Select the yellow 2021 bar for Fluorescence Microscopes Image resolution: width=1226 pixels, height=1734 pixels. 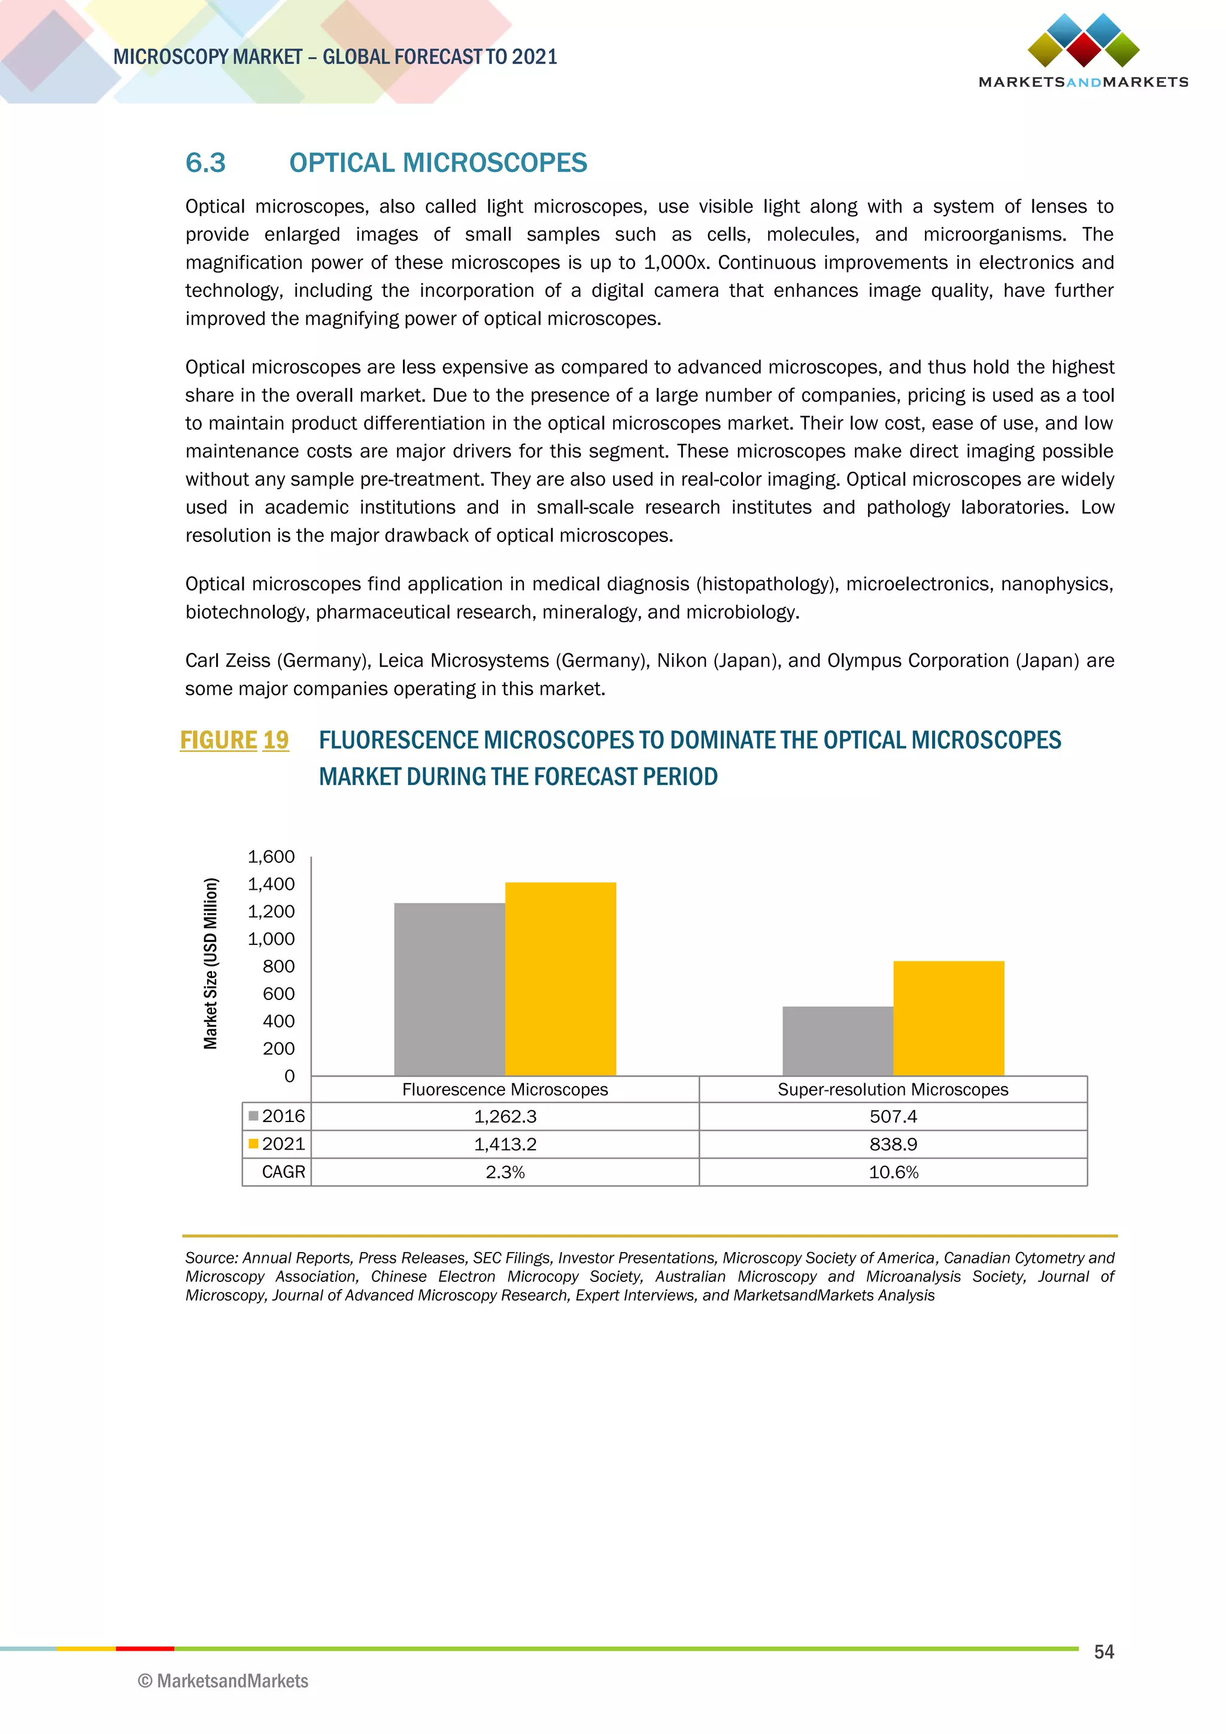tap(560, 979)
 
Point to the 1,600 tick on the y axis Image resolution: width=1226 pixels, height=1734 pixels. tap(271, 856)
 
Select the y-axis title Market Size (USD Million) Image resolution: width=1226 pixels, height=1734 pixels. tap(211, 963)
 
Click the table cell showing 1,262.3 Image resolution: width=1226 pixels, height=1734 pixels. tap(505, 1116)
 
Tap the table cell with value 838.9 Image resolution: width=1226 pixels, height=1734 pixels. tap(893, 1144)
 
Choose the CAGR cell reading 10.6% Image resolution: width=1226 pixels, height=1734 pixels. tap(893, 1172)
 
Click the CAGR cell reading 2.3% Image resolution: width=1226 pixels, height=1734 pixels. tap(505, 1172)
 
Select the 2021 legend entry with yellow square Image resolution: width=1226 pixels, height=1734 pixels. tap(277, 1144)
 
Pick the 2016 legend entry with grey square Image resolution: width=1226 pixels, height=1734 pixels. tap(277, 1116)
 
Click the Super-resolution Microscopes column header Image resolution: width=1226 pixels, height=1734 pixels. tap(893, 1089)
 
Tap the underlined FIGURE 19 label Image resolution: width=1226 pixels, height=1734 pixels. tap(234, 740)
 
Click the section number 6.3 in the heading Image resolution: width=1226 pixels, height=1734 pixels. tap(205, 162)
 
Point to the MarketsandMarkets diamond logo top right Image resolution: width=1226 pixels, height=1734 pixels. tap(1084, 41)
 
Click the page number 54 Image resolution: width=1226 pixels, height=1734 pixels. tap(1104, 1652)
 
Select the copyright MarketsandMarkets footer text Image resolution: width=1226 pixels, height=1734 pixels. tap(223, 1681)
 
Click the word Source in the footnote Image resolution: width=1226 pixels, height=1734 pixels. tap(210, 1257)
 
